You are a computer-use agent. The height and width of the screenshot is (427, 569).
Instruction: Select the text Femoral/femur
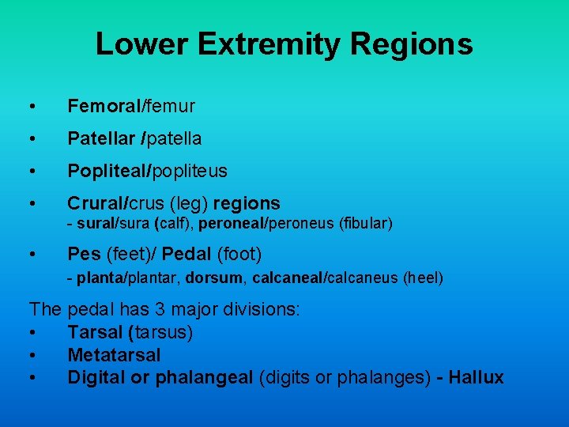click(x=130, y=105)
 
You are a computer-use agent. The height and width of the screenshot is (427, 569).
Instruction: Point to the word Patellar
click(x=100, y=138)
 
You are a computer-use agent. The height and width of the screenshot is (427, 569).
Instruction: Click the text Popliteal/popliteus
click(x=147, y=171)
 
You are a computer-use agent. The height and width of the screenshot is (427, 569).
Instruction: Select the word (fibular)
click(x=366, y=224)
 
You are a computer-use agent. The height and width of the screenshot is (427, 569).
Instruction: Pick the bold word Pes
click(x=84, y=254)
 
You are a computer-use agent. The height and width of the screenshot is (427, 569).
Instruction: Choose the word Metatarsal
click(x=114, y=355)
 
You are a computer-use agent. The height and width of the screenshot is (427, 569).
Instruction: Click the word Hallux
click(x=476, y=377)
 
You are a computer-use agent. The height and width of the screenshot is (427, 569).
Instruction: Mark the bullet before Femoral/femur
click(x=32, y=107)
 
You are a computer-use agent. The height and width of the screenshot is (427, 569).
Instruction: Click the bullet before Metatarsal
click(x=32, y=356)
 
